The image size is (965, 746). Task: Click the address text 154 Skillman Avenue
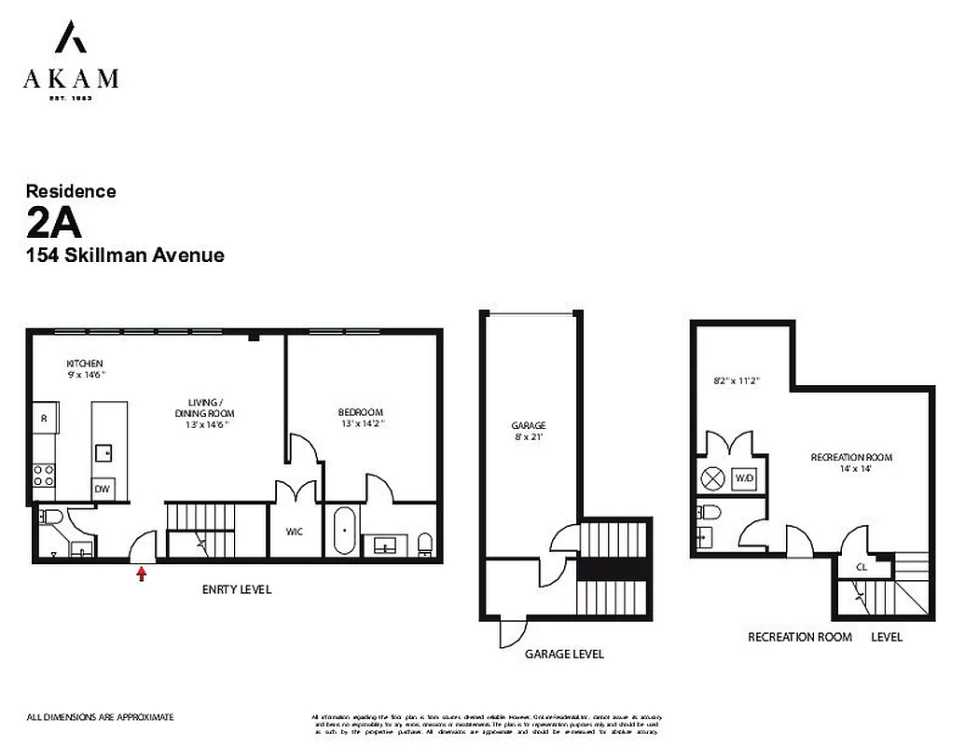click(125, 255)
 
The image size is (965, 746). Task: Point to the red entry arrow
click(142, 574)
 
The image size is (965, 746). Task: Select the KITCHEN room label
click(84, 363)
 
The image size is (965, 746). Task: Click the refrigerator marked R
click(44, 419)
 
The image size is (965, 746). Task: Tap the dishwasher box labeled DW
click(101, 489)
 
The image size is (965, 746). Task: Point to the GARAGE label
click(528, 425)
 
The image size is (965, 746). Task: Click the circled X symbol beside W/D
click(713, 478)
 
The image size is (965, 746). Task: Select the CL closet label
click(862, 566)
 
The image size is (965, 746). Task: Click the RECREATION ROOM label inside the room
click(850, 457)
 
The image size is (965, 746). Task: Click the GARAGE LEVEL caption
click(563, 654)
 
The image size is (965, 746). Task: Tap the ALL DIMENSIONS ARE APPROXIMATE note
click(100, 717)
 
